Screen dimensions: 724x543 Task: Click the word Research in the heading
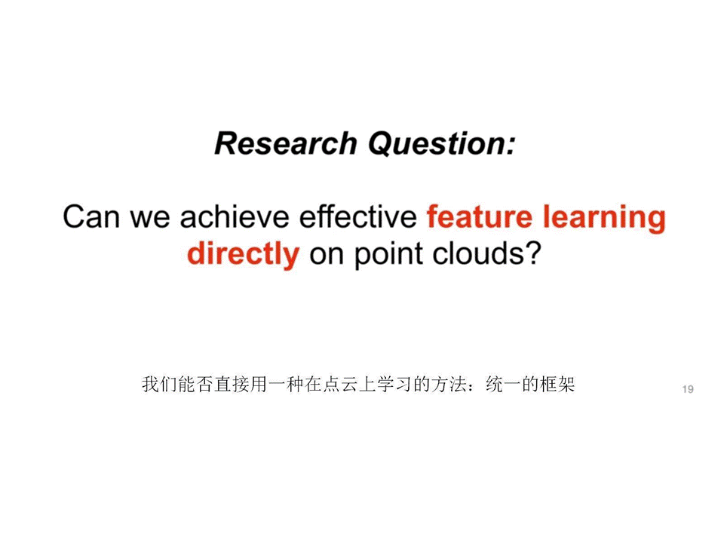286,143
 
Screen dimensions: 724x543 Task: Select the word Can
91,216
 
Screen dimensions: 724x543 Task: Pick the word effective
358,216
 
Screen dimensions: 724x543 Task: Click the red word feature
480,216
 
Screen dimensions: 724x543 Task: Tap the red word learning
604,219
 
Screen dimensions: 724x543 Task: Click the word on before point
327,257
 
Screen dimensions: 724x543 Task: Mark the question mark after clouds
532,253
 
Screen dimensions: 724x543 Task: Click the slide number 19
688,389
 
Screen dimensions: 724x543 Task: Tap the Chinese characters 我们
160,384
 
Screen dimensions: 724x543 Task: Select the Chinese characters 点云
340,384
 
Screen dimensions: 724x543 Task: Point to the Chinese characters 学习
394,384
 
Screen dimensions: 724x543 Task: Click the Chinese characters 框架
557,384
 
